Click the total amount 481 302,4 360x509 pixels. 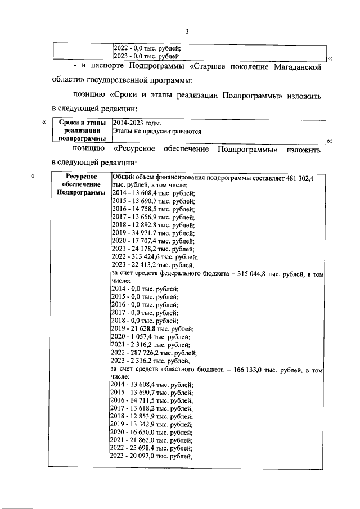tap(299, 177)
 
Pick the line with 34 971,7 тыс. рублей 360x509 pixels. tap(154, 232)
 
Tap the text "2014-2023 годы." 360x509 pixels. tap(137, 122)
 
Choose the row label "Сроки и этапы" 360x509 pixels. tap(82, 122)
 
